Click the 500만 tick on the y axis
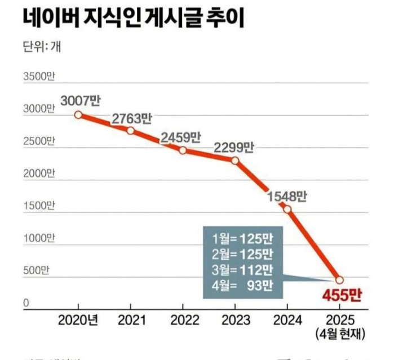pos(36,271)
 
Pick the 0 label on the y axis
pos(26,304)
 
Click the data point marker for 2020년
pos(78,115)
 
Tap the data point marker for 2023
pos(235,161)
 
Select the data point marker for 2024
pos(287,210)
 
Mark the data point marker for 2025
pos(339,280)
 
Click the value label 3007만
pos(80,101)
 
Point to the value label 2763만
pos(132,118)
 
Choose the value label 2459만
pos(181,137)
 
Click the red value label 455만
pos(341,295)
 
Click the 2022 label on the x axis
pos(183,320)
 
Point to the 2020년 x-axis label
pos(78,320)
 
